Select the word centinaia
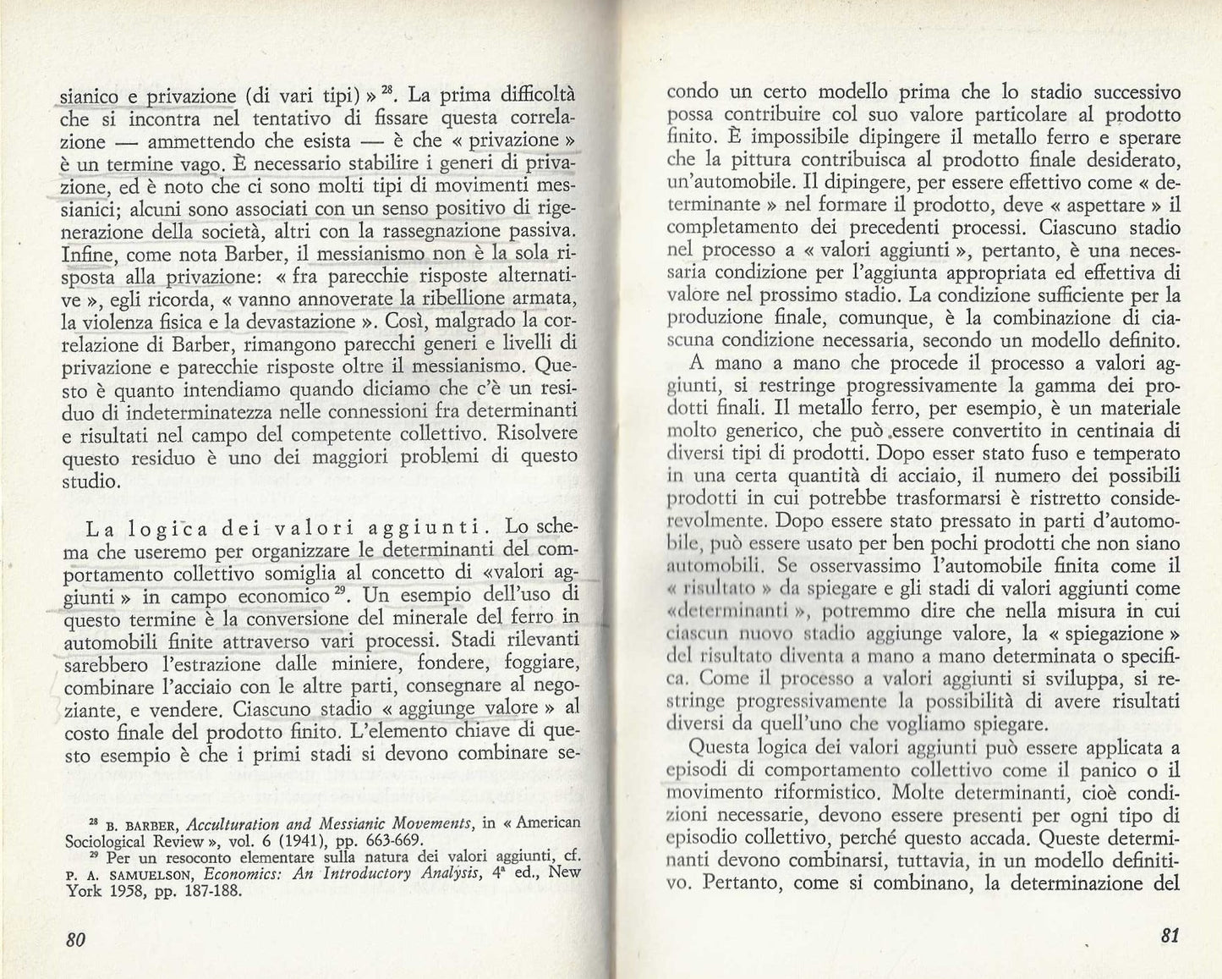pyautogui.click(x=1107, y=429)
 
